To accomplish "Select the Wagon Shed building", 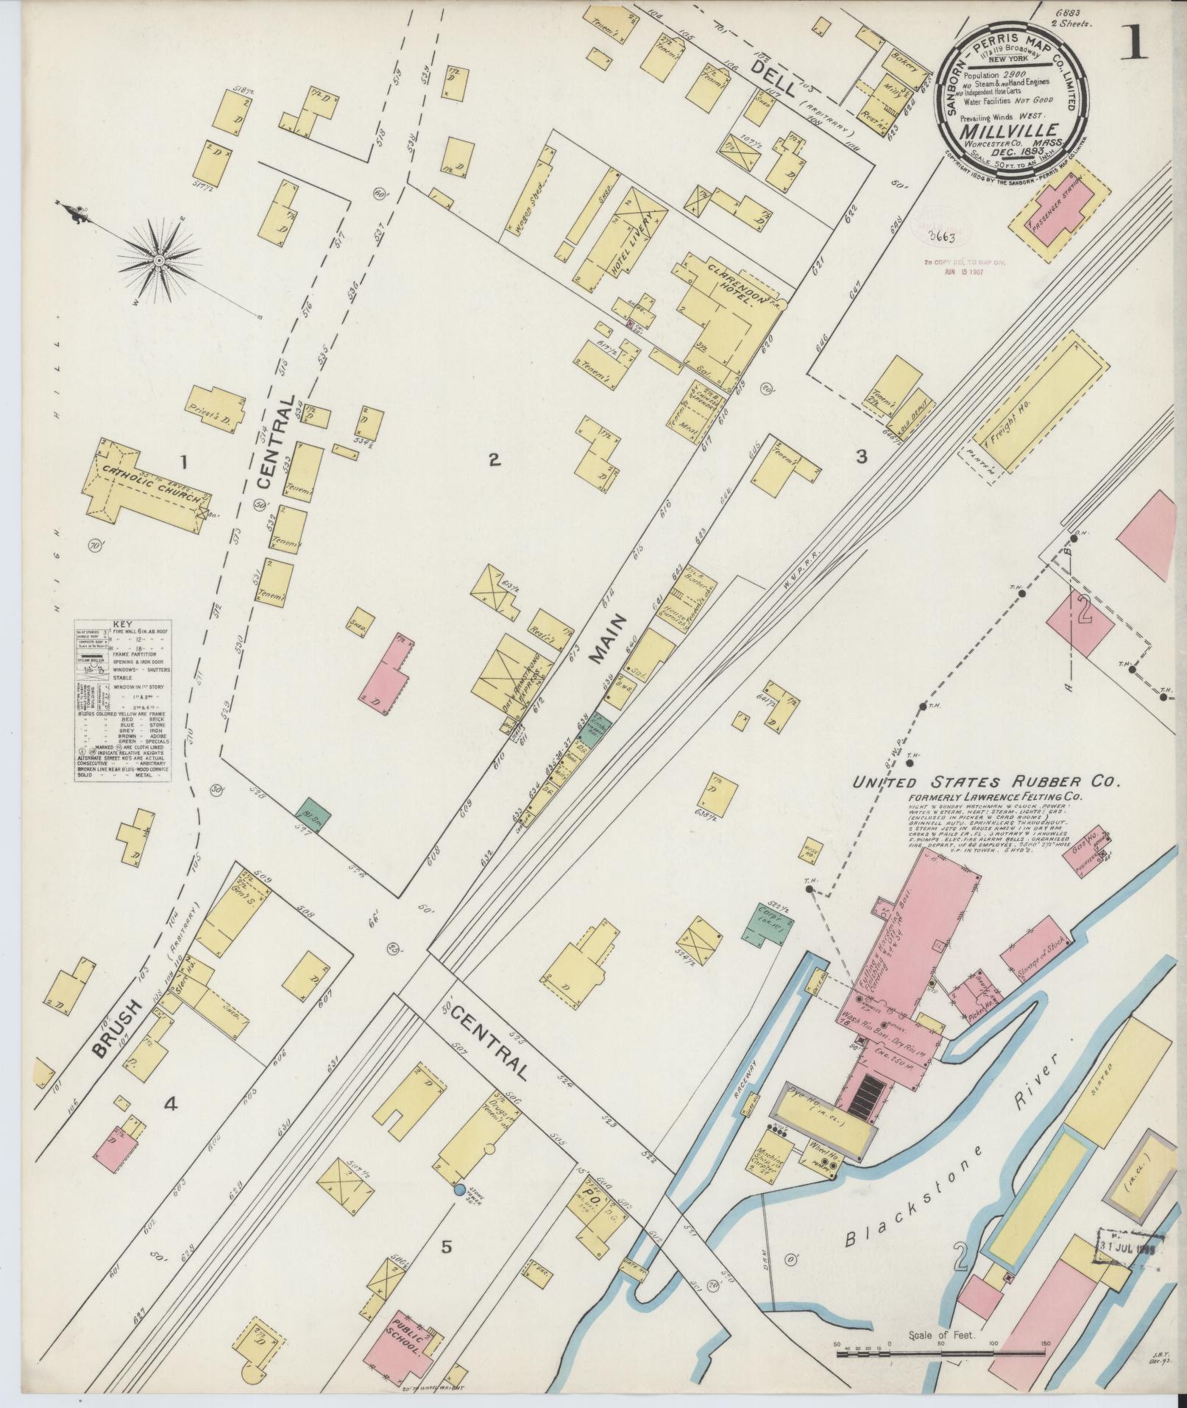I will coord(532,192).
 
